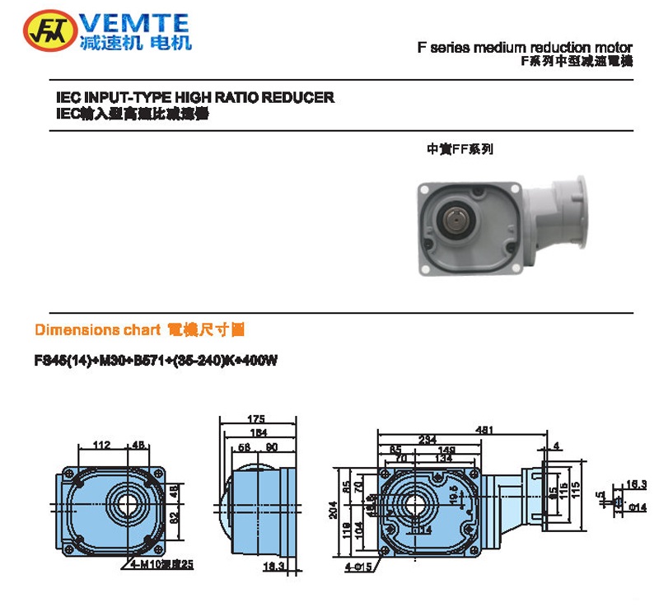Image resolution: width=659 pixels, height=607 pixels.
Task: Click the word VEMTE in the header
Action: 136,22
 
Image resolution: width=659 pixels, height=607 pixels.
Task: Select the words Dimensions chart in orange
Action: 97,329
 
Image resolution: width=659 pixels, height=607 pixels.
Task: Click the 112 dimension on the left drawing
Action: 101,446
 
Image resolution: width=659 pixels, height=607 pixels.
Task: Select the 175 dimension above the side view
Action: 255,419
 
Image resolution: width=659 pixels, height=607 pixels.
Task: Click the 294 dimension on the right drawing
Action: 428,439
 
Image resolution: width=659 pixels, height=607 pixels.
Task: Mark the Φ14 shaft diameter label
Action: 635,507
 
